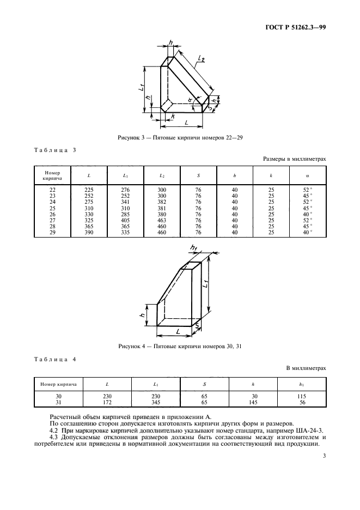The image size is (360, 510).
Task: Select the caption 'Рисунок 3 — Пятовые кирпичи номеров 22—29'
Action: pyautogui.click(x=180, y=138)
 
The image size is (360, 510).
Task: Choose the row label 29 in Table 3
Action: pyautogui.click(x=53, y=232)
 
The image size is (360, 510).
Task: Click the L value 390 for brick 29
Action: pyautogui.click(x=89, y=232)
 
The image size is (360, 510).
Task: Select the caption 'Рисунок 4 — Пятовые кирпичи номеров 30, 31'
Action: pyautogui.click(x=180, y=347)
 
